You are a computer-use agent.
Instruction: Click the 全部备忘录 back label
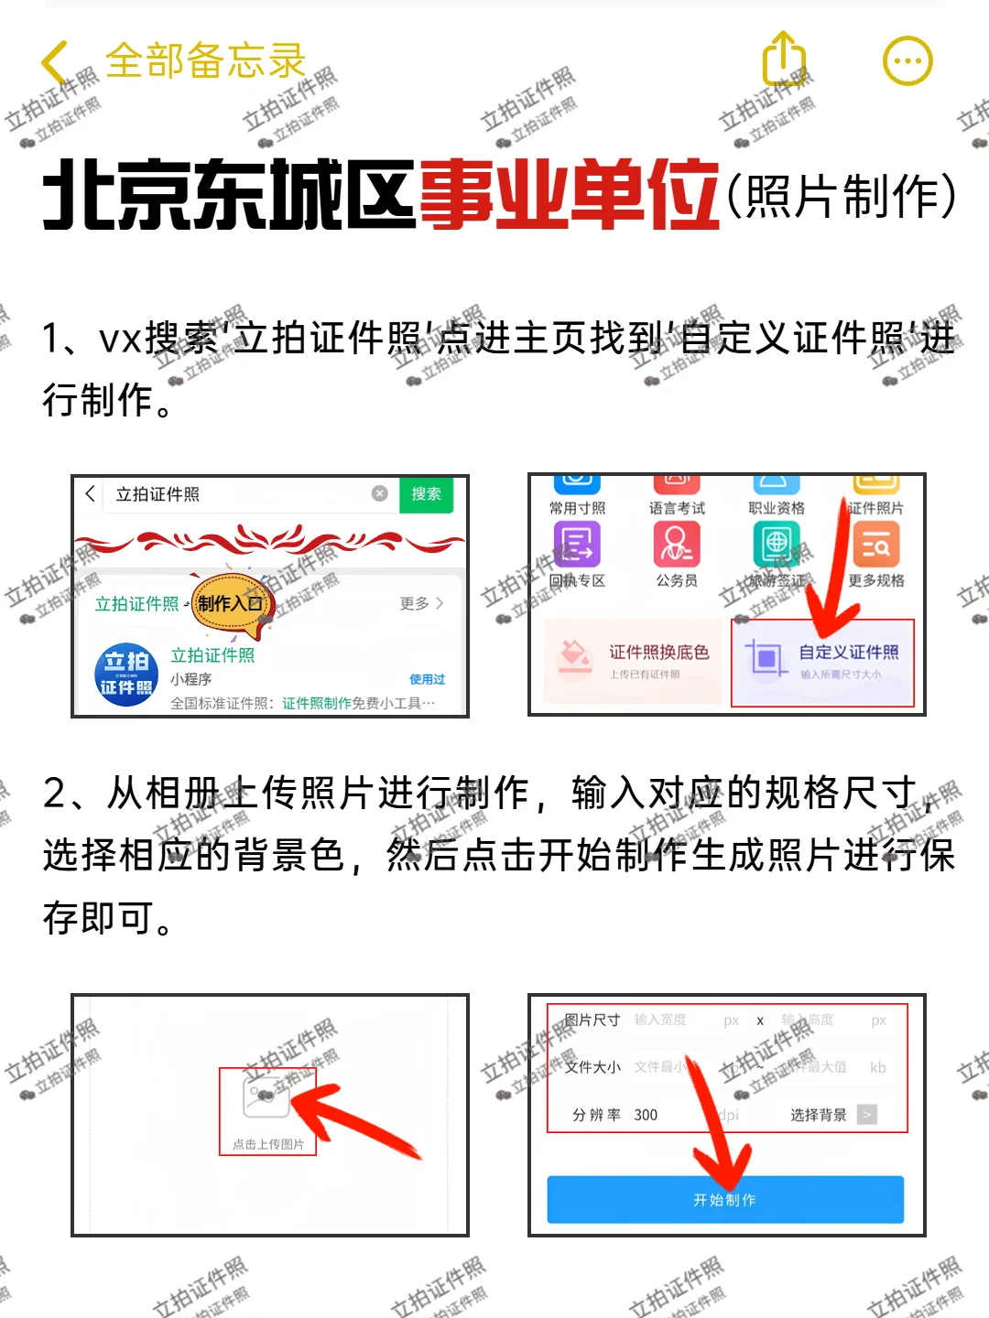pyautogui.click(x=205, y=61)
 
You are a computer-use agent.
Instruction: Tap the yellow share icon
pyautogui.click(x=784, y=60)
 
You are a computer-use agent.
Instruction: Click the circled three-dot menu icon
pyautogui.click(x=907, y=61)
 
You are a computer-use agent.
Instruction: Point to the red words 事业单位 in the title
pyautogui.click(x=569, y=194)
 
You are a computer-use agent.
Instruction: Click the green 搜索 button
pyautogui.click(x=426, y=494)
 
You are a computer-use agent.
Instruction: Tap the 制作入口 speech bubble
pyautogui.click(x=231, y=603)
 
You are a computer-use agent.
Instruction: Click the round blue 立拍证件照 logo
pyautogui.click(x=126, y=675)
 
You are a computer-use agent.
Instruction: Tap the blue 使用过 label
pyautogui.click(x=427, y=679)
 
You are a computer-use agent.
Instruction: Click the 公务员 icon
pyautogui.click(x=677, y=546)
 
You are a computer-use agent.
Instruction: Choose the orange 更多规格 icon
pyautogui.click(x=875, y=546)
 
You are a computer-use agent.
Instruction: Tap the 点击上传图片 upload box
pyautogui.click(x=267, y=1110)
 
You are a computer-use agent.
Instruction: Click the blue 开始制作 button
pyautogui.click(x=724, y=1199)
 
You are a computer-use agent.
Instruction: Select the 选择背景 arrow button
pyautogui.click(x=866, y=1114)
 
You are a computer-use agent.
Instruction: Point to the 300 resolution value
pyautogui.click(x=646, y=1115)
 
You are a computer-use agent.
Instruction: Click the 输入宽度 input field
pyautogui.click(x=661, y=1020)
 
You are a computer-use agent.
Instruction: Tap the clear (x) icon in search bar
pyautogui.click(x=379, y=494)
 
